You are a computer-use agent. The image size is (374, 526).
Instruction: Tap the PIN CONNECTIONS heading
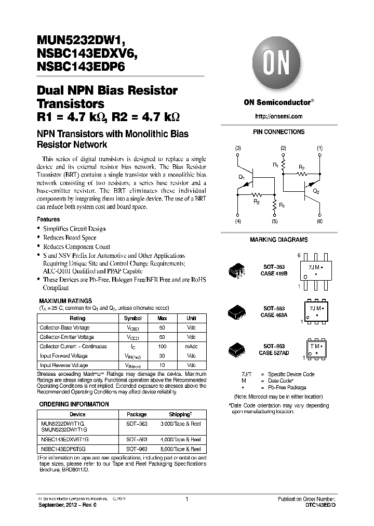278,132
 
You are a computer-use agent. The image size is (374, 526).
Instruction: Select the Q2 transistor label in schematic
316,191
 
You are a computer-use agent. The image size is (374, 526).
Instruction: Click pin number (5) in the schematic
274,222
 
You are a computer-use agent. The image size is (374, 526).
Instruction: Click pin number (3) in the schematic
238,149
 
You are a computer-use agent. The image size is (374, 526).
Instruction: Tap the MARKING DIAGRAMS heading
278,240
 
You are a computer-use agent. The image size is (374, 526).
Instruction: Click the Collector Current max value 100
162,347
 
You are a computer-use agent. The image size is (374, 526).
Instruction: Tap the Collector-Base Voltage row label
64,328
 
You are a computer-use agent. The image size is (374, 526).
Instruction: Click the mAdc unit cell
191,347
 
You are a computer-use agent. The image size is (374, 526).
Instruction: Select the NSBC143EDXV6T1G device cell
68,439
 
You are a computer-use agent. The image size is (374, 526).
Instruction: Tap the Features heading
48,219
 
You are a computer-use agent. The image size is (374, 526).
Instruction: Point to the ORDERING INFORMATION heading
74,404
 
